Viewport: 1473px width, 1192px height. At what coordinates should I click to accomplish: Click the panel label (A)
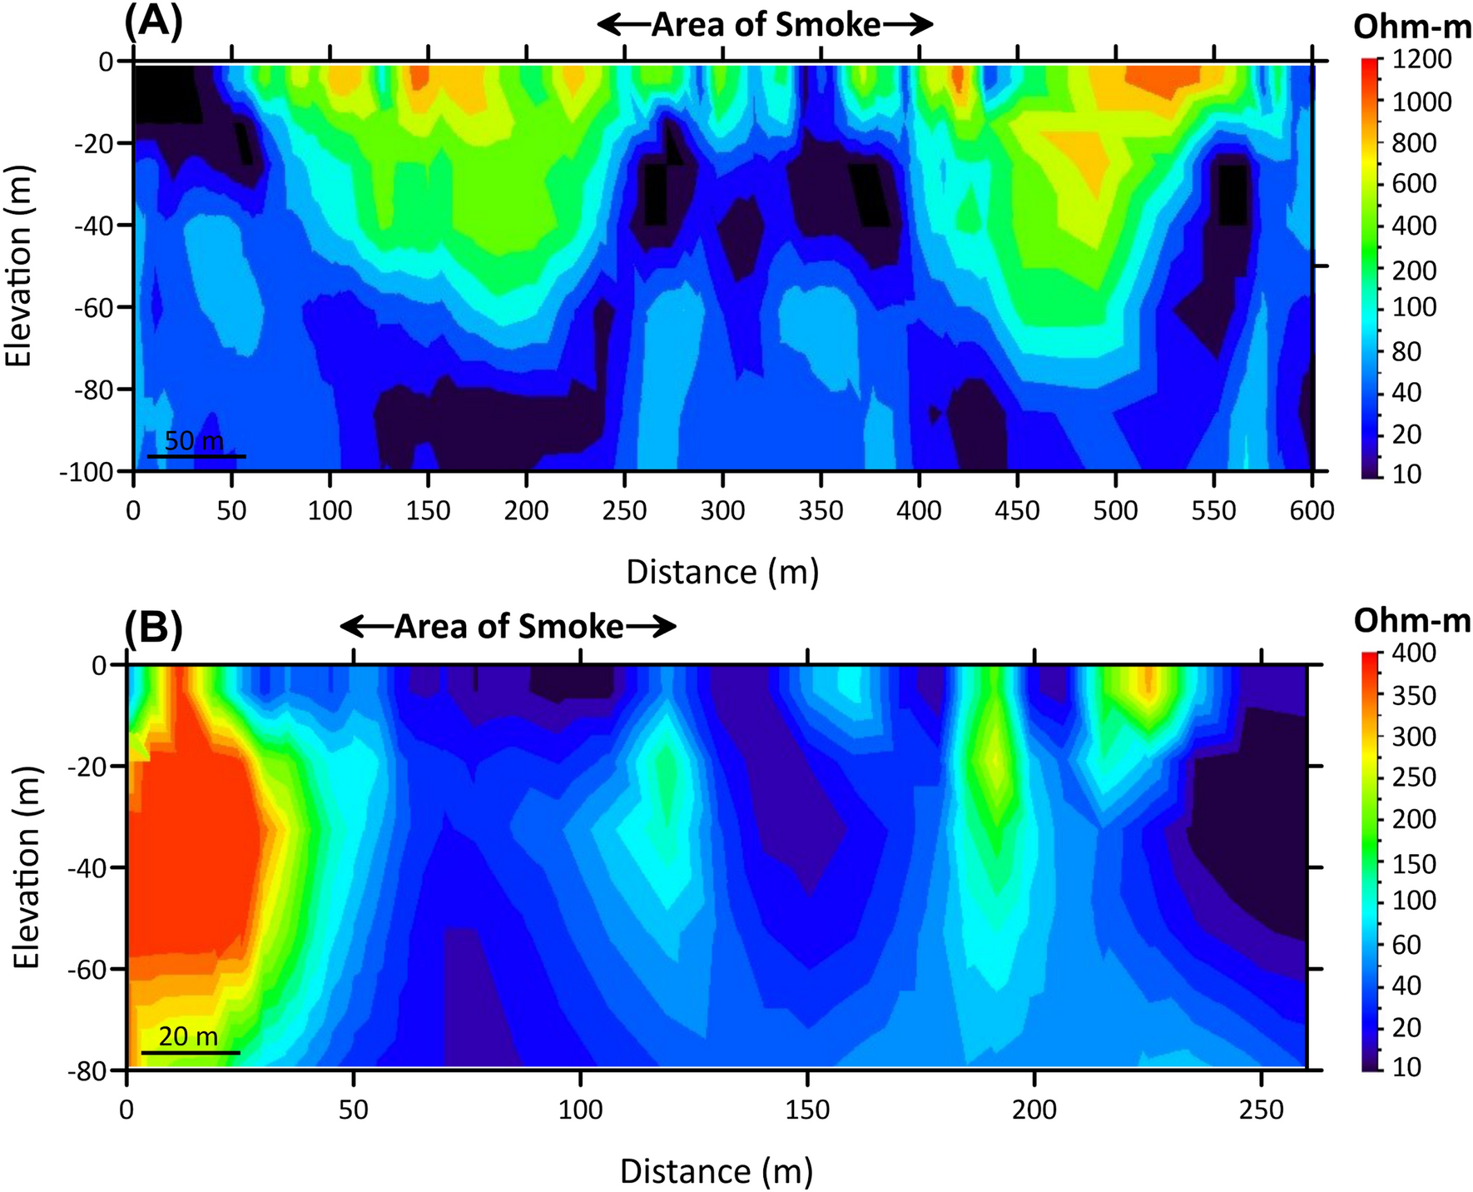153,22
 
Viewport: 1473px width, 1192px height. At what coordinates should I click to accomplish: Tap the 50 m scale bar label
194,440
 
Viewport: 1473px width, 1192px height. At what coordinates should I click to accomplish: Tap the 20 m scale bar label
188,1036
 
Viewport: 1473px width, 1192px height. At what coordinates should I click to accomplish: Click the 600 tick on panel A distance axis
1312,510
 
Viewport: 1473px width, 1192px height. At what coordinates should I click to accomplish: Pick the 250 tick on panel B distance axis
1262,1110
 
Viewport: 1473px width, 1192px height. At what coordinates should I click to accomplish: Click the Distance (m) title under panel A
722,573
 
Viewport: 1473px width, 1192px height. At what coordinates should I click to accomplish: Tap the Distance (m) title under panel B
716,1171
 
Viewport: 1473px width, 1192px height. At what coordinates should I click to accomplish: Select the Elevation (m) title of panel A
19,266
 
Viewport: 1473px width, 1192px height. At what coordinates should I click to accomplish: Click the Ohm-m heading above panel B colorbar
1412,621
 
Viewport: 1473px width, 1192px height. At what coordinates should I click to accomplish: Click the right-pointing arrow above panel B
652,627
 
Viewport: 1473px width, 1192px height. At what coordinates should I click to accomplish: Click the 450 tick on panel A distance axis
1017,510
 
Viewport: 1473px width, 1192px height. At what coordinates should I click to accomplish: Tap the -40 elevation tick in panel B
91,867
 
